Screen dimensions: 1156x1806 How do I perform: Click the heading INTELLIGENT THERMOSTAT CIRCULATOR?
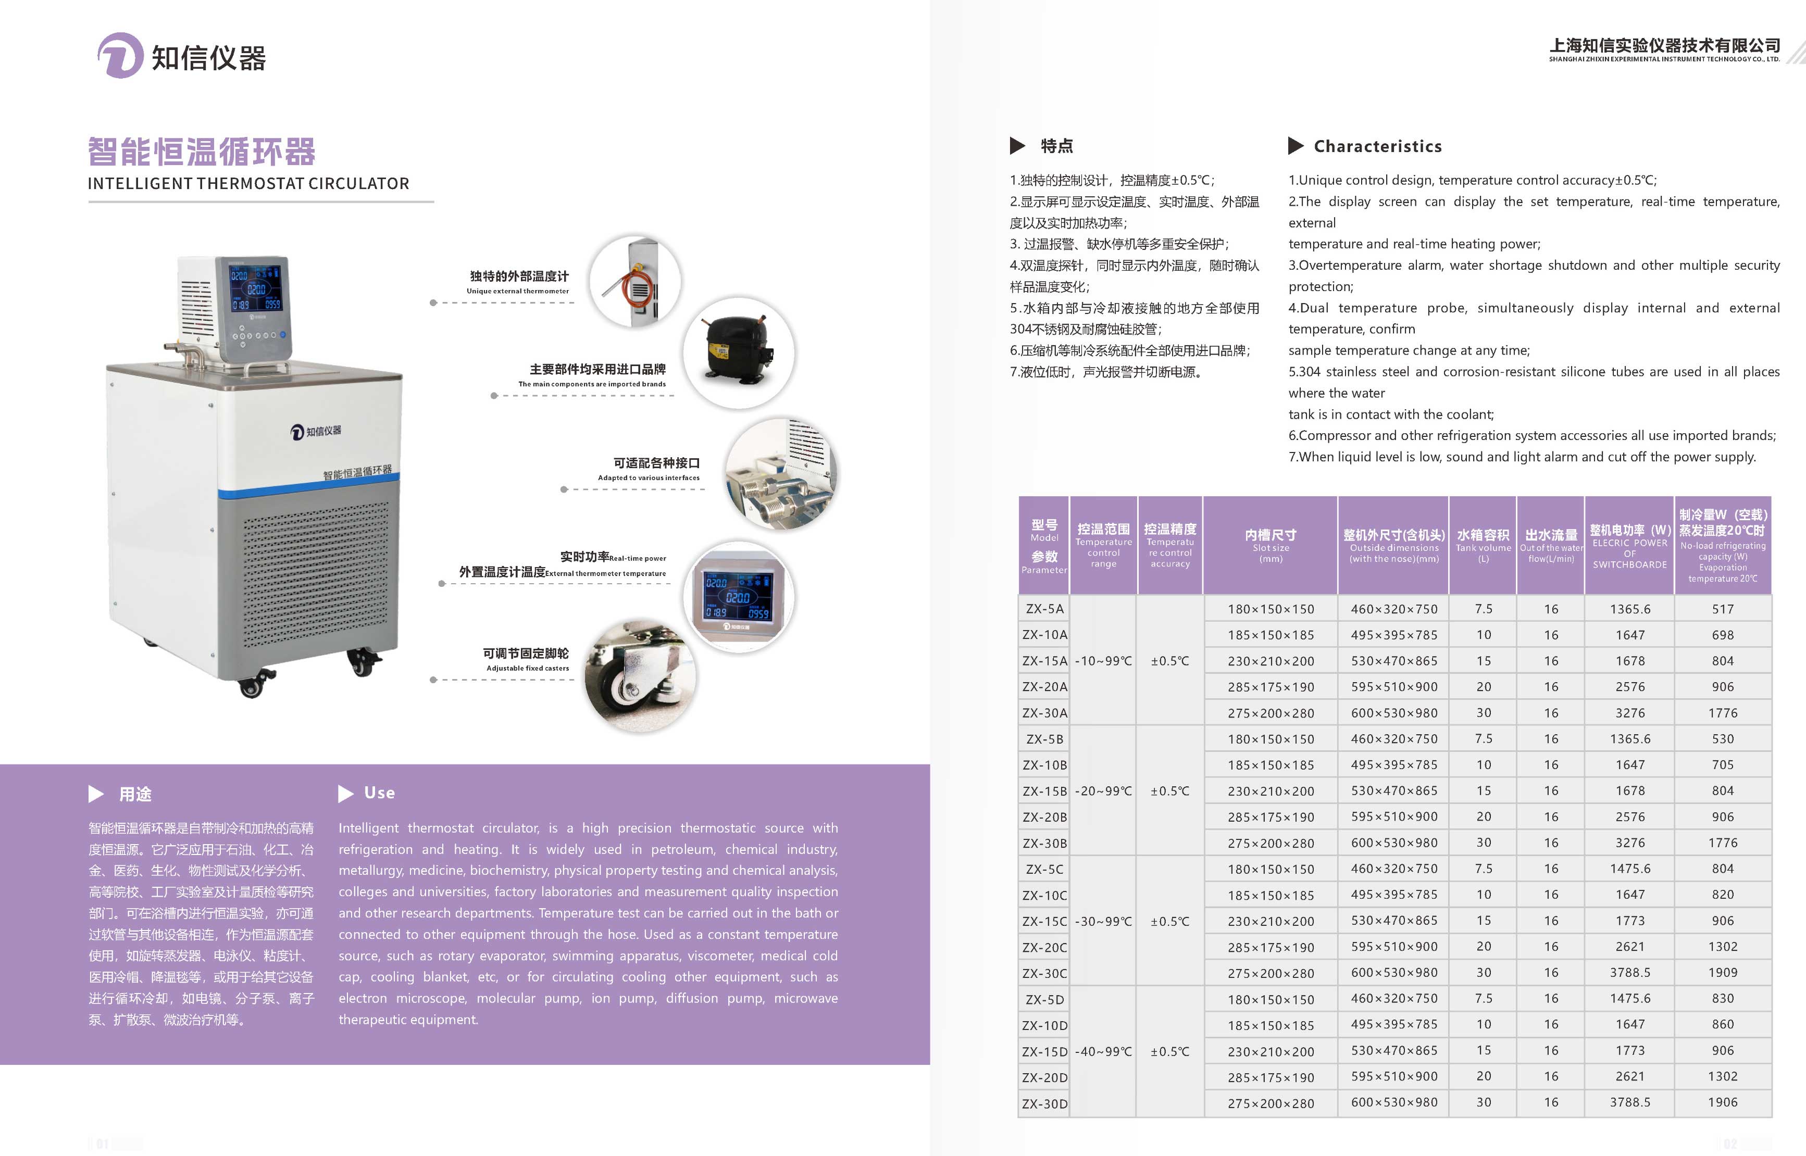coord(248,184)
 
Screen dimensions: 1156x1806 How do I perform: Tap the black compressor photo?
coord(738,352)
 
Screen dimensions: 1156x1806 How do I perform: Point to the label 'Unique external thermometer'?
coord(517,291)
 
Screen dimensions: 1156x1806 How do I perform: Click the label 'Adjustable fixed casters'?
coord(527,668)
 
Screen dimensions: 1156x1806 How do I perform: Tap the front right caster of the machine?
coord(364,663)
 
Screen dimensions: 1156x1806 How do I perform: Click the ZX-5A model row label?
coord(1044,609)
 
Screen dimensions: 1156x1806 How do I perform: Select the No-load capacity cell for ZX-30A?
coord(1723,713)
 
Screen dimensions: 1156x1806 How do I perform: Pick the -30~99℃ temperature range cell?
coord(1103,921)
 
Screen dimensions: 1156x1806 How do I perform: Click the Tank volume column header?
coord(1483,545)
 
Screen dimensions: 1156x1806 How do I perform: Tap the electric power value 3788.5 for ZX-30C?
coord(1629,973)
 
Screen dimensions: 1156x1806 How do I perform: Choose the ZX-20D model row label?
coord(1044,1077)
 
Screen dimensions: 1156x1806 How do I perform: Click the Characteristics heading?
coord(1377,146)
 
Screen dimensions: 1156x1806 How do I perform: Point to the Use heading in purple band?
coord(379,793)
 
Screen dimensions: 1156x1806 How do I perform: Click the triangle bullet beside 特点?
coord(1017,146)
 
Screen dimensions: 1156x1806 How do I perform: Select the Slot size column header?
coord(1271,545)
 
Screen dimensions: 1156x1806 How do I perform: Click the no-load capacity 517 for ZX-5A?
coord(1723,609)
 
